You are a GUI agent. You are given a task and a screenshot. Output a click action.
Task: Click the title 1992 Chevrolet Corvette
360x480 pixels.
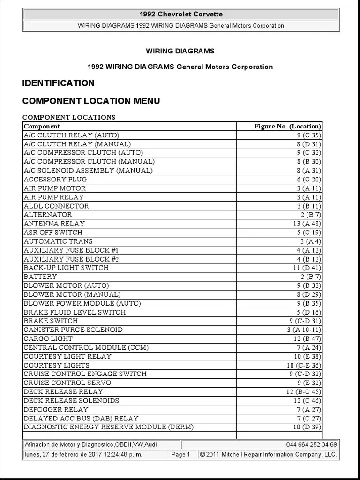click(x=181, y=15)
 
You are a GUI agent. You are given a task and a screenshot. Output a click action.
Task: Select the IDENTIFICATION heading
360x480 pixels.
click(x=58, y=83)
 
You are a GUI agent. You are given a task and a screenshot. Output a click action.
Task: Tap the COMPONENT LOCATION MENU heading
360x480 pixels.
click(x=91, y=101)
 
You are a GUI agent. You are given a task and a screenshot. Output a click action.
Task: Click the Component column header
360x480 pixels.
click(x=42, y=126)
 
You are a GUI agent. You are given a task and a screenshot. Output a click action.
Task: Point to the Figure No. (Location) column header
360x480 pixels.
click(x=287, y=126)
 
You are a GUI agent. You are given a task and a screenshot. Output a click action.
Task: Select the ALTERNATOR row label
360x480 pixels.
click(x=48, y=215)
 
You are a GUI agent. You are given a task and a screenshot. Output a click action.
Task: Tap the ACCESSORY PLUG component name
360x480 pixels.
click(x=55, y=179)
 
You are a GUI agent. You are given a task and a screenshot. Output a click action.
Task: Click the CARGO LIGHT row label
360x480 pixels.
click(x=48, y=338)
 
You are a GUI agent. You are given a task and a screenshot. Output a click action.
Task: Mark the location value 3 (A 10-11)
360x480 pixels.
click(x=303, y=330)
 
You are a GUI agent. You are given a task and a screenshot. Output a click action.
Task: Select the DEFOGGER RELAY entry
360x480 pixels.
click(x=56, y=409)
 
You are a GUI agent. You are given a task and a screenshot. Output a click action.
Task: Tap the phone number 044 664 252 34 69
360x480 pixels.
click(x=311, y=444)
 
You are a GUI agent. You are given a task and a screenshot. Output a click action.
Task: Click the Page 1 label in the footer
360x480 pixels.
click(x=181, y=454)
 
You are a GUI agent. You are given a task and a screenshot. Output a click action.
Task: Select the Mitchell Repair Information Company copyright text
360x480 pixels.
click(x=268, y=454)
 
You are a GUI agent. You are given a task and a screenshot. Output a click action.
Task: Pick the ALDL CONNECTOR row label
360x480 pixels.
click(x=56, y=206)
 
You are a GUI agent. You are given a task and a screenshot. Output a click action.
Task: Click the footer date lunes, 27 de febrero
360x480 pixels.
click(x=83, y=454)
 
